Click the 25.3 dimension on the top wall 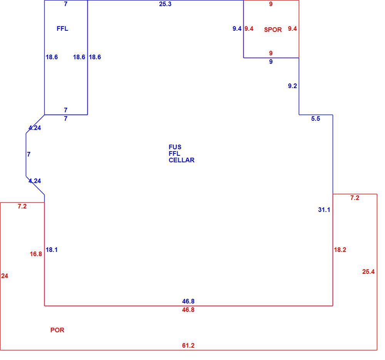[x=165, y=4]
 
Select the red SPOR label [x=273, y=30]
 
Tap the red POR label [x=57, y=330]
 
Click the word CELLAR [x=181, y=160]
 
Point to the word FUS [x=175, y=147]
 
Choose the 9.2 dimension [x=293, y=86]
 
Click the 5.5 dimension [x=316, y=119]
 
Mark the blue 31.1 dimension [x=324, y=210]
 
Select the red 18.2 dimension [x=340, y=250]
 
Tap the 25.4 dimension [x=368, y=272]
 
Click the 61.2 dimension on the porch [x=188, y=345]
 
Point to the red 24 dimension [x=5, y=276]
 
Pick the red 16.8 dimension [x=36, y=254]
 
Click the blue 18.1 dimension [x=52, y=250]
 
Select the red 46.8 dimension [x=188, y=310]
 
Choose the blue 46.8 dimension [x=188, y=301]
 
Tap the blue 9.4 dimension [x=237, y=29]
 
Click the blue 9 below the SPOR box [x=271, y=62]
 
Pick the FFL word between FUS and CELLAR [x=174, y=153]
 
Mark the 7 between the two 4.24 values [x=29, y=154]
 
